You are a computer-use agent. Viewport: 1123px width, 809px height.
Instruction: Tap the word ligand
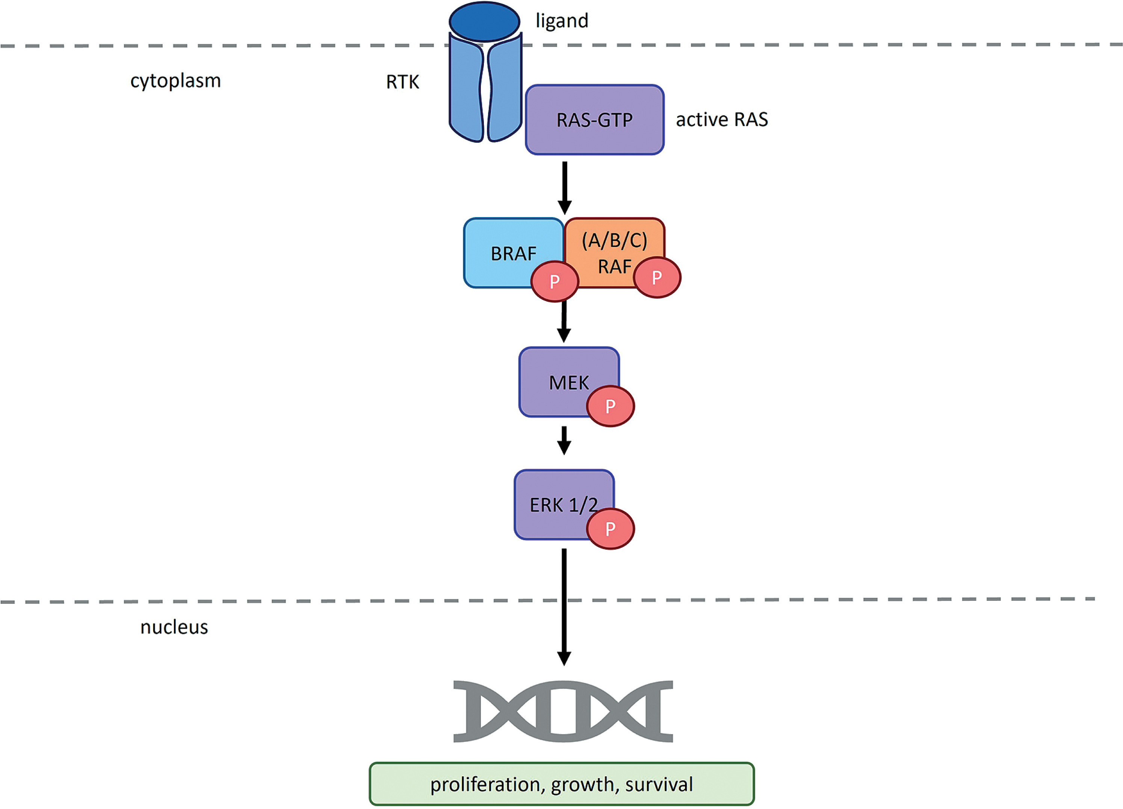562,21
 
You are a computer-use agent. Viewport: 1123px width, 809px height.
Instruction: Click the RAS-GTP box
594,120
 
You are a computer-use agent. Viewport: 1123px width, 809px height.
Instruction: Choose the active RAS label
721,120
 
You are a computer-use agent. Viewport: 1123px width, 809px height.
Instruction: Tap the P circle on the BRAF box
555,281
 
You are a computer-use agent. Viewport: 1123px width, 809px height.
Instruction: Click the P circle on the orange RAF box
657,277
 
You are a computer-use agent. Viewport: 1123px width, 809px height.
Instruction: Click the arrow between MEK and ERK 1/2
564,440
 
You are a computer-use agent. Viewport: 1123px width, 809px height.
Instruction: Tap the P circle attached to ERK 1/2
610,529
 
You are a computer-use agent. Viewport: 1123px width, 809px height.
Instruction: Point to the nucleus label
174,627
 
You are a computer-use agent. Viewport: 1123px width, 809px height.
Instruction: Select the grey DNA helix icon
563,711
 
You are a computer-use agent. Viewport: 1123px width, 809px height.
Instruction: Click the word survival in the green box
659,785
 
